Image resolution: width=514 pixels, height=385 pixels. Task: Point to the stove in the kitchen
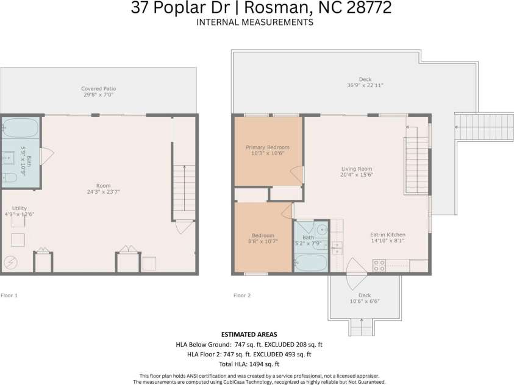pos(379,265)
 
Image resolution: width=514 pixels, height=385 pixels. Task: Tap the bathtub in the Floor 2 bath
pos(310,264)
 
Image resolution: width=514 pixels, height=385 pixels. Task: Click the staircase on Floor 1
pos(184,192)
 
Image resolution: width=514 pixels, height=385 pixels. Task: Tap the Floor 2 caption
pos(242,295)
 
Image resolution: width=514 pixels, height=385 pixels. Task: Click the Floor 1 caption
pos(9,295)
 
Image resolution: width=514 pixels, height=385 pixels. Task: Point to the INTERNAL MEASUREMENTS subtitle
pos(255,22)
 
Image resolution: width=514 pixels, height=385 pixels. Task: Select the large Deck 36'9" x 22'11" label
pos(365,83)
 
